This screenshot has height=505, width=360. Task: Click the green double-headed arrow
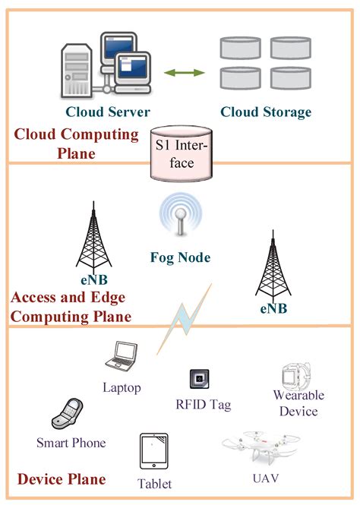pyautogui.click(x=186, y=73)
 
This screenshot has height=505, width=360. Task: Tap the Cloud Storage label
pyautogui.click(x=266, y=112)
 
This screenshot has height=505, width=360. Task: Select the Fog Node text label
pyautogui.click(x=180, y=258)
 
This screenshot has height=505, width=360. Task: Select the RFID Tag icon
pyautogui.click(x=200, y=379)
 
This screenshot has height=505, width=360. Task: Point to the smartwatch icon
pyautogui.click(x=292, y=375)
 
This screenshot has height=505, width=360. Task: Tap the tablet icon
pyautogui.click(x=154, y=453)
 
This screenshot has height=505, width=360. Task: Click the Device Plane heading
pyautogui.click(x=61, y=479)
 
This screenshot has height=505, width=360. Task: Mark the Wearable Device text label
pyautogui.click(x=298, y=403)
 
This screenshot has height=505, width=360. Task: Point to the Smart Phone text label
pyautogui.click(x=71, y=443)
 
